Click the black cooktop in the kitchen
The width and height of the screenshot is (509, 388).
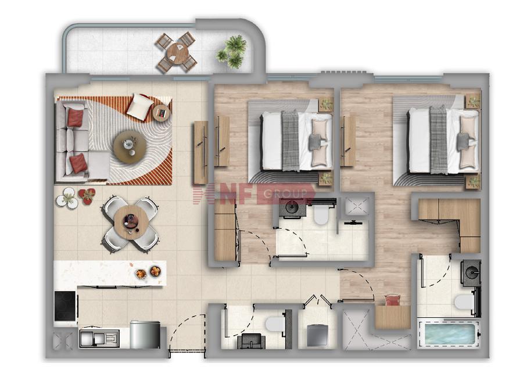pos(65,306)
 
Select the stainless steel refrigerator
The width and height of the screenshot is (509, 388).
pos(145,335)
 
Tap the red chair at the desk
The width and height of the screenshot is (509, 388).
pos(393,300)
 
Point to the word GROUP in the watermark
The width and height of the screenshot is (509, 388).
pos(285,194)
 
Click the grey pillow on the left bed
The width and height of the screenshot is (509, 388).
pos(316,142)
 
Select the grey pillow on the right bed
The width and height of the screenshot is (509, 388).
pos(463,142)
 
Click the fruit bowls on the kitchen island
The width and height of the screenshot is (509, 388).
pos(148,272)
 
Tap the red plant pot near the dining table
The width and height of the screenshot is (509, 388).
pos(87,196)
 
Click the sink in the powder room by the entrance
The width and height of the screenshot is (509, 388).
pos(251,341)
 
